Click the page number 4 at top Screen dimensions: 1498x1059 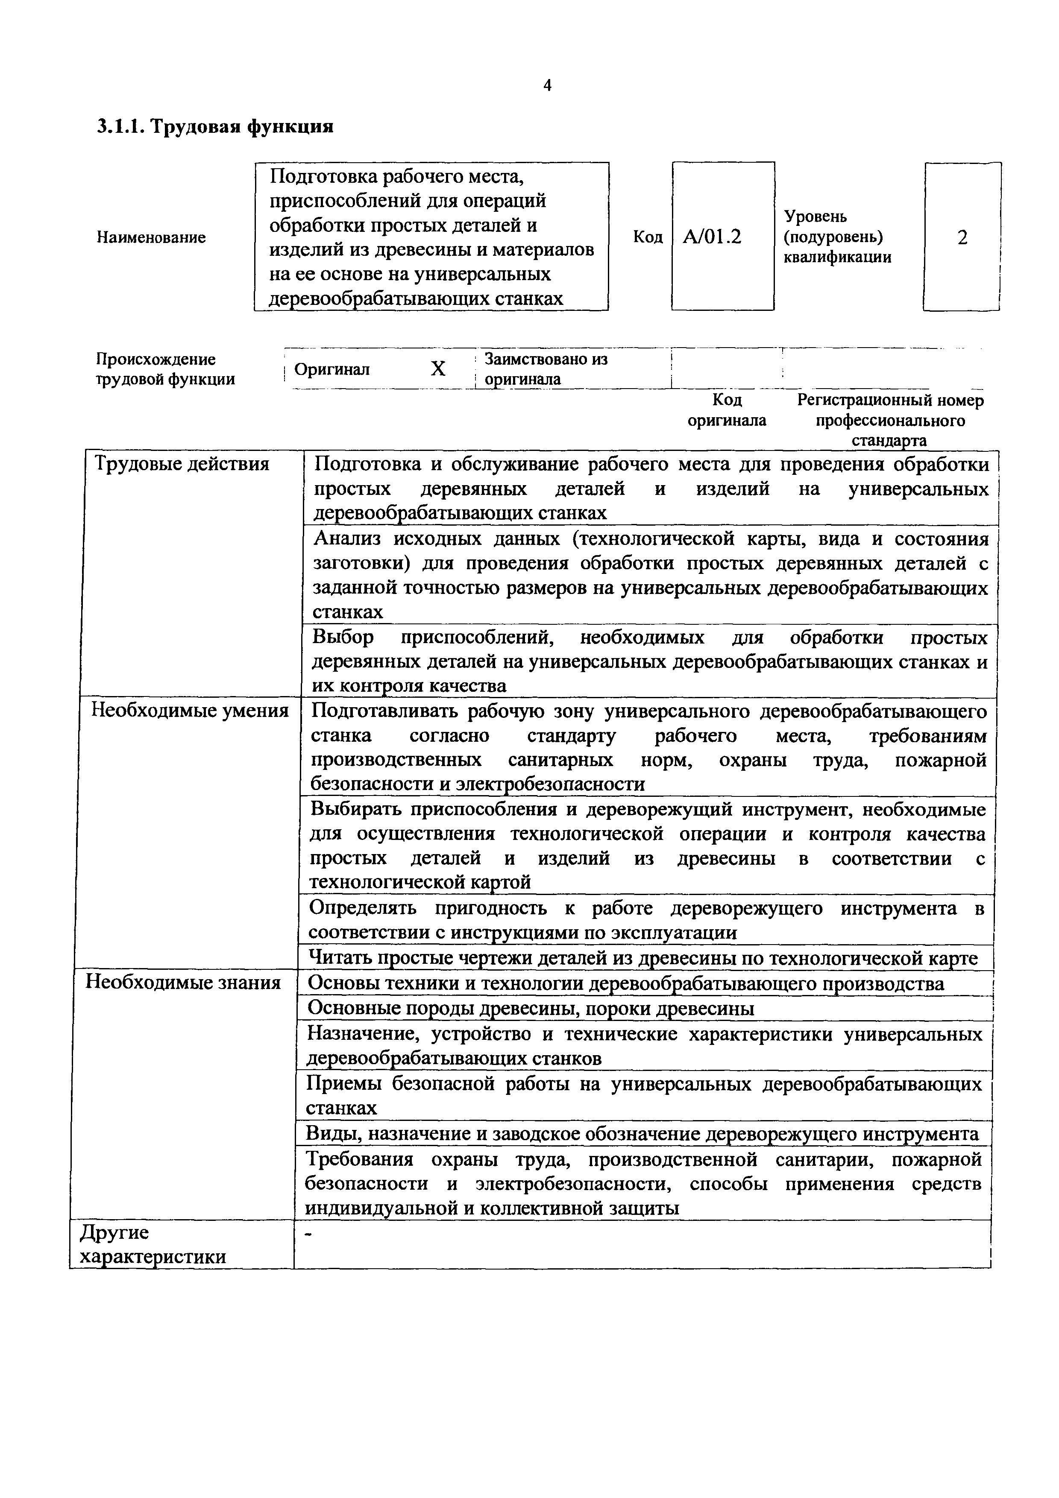(x=547, y=85)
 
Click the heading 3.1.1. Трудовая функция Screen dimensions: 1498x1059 (x=215, y=126)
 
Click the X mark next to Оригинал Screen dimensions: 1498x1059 (x=438, y=369)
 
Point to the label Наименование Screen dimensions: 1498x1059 (x=151, y=237)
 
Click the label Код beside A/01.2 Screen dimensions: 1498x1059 (x=647, y=237)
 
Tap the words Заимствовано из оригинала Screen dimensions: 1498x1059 (x=546, y=369)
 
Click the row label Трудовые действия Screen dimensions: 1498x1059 (x=182, y=464)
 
